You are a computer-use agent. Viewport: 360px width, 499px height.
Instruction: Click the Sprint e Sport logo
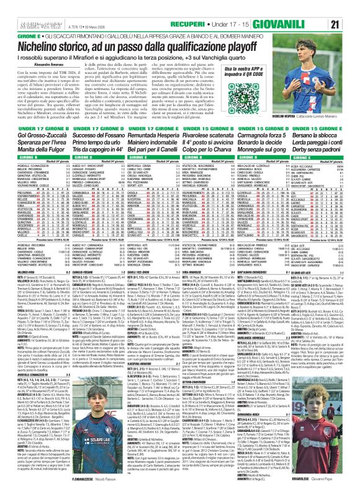coord(21,7)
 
